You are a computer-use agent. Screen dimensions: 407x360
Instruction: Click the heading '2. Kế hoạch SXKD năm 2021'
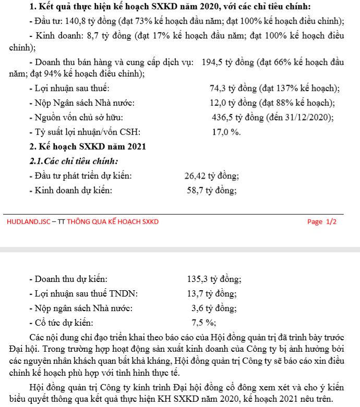(x=88, y=146)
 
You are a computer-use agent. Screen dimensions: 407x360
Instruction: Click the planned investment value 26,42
(x=196, y=176)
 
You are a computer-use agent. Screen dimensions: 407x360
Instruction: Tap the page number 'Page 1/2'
(x=322, y=221)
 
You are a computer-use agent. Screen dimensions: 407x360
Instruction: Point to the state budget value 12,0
(x=219, y=103)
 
